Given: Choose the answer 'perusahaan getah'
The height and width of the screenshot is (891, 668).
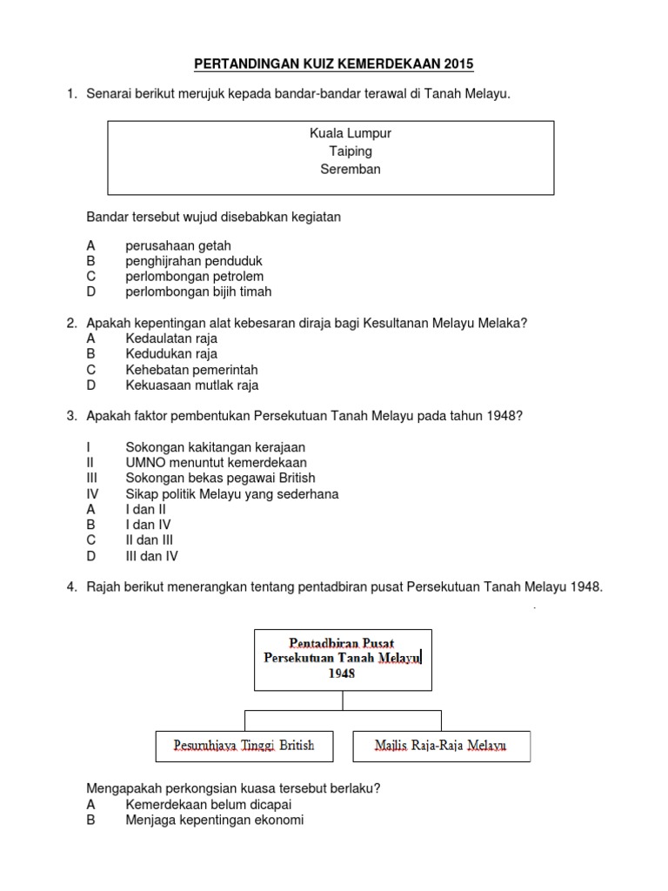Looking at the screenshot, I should pos(177,245).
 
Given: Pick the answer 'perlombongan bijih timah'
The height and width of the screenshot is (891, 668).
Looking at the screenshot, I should pos(198,292).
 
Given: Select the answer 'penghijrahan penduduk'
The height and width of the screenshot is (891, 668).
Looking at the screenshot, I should pos(194,261).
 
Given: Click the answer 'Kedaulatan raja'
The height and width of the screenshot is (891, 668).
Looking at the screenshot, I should pos(171,338).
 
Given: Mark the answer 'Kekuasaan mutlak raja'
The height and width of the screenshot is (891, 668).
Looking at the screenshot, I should pos(191,385).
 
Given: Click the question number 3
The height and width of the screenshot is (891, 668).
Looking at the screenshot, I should pos(72,416).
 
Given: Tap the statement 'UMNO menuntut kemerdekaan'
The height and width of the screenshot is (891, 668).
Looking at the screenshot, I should pos(216,463).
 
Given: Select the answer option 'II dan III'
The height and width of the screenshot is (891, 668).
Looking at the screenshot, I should pos(150,541).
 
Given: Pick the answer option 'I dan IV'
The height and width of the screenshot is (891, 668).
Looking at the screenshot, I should pos(148,526).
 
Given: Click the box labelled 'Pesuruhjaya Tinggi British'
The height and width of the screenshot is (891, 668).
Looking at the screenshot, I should pos(244,746).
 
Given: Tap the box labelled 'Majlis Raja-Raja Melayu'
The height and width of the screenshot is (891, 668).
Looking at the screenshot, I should pos(441,746).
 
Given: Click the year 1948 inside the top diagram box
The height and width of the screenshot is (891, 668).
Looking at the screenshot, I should pos(343,673).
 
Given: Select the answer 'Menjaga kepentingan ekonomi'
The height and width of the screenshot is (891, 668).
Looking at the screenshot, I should pos(214,821).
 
